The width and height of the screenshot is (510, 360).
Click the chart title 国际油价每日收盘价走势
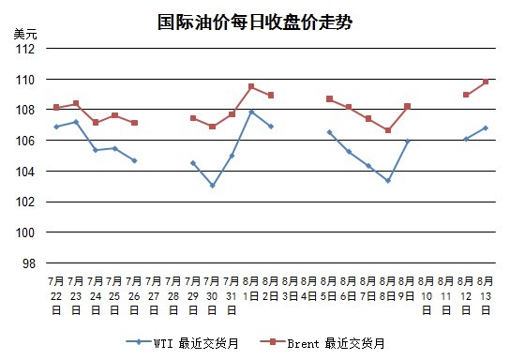tap(255, 22)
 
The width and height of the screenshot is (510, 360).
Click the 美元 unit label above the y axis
tap(25, 34)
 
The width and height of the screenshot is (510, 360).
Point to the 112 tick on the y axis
tap(25, 49)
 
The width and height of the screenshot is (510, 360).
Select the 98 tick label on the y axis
tap(29, 263)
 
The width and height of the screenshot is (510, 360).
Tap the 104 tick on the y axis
tap(25, 172)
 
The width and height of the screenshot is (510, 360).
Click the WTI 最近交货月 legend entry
tap(183, 343)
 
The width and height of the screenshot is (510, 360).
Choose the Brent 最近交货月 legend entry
tap(322, 343)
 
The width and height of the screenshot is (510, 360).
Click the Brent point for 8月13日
tap(486, 82)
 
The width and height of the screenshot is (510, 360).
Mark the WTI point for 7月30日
tap(213, 186)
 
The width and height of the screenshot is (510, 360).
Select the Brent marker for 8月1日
tap(251, 86)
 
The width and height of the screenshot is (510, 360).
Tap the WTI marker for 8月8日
tap(388, 181)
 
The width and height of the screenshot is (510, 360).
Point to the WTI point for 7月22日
tap(56, 127)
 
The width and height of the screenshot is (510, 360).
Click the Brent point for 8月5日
tap(329, 98)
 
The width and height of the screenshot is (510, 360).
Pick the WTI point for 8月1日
tap(251, 112)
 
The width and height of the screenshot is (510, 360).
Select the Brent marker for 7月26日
tap(134, 123)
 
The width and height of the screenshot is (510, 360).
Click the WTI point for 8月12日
tap(466, 139)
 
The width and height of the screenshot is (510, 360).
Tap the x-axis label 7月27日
tap(154, 295)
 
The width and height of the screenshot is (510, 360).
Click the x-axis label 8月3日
tap(290, 289)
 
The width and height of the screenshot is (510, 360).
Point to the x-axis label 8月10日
tap(427, 295)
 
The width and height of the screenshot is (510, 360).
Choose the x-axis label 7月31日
tap(232, 295)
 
